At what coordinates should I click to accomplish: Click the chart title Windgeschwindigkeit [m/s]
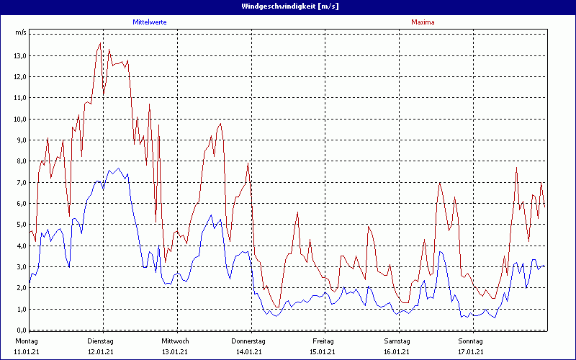288,6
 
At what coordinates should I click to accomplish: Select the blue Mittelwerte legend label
150,22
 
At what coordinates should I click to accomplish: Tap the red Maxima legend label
423,22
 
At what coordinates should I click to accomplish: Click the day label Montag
26,341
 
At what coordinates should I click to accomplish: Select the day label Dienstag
100,341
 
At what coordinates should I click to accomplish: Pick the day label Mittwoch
175,341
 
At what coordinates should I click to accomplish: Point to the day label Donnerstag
248,341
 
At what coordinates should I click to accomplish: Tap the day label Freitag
323,341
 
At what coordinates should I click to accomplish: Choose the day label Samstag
397,341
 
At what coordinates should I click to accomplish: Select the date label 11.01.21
26,352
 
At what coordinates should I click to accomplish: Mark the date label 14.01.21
248,352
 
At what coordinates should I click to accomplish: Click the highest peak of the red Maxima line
100,43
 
